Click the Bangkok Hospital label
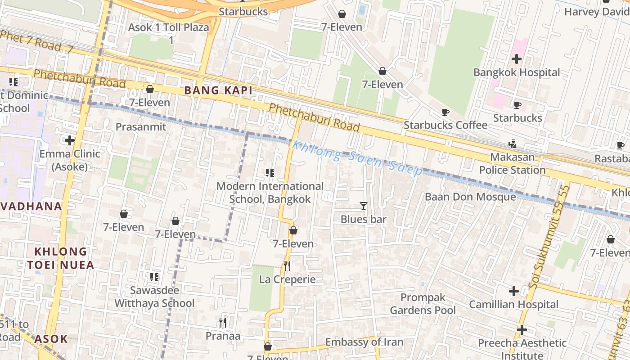517,72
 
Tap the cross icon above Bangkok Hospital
517,58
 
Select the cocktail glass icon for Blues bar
364,206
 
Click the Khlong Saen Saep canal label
357,159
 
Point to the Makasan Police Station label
512,164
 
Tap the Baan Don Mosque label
470,197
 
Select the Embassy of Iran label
364,342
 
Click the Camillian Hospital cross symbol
513,291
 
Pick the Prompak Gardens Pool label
423,304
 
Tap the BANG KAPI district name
218,90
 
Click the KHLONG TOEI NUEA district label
61,258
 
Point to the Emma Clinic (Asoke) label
70,160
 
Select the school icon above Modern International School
270,172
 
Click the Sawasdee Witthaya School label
154,297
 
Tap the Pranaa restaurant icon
223,322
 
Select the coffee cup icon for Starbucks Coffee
445,112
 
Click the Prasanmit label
141,127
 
